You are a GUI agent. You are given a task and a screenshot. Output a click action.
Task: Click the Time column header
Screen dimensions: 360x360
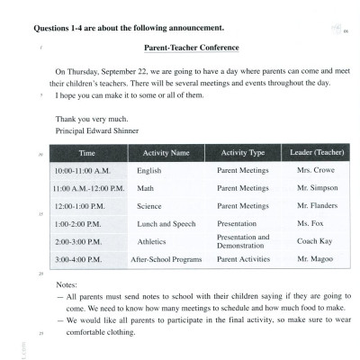coord(86,152)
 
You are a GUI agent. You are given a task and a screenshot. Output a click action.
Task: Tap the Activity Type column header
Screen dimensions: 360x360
coord(242,152)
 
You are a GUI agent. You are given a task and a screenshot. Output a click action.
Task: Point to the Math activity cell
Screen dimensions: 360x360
coord(145,188)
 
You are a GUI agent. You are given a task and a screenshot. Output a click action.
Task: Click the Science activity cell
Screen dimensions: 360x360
coord(149,206)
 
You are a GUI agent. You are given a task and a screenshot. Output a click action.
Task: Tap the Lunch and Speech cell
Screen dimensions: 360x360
coord(166,223)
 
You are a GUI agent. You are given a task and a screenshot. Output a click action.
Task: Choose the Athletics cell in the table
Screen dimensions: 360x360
coord(151,241)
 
